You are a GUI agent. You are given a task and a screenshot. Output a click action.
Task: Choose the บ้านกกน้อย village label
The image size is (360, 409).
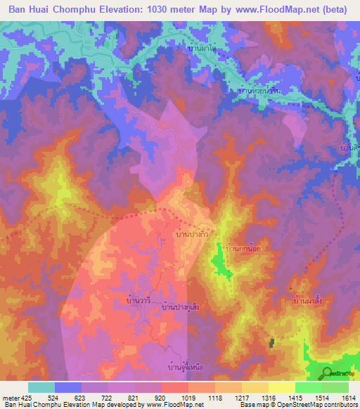point(243,249)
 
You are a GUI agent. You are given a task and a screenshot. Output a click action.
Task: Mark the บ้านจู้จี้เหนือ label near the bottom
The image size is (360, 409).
point(185,365)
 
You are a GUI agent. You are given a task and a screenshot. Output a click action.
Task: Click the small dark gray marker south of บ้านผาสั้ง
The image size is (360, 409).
point(271,342)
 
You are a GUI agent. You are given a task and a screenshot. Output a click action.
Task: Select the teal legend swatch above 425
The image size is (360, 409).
point(41,387)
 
